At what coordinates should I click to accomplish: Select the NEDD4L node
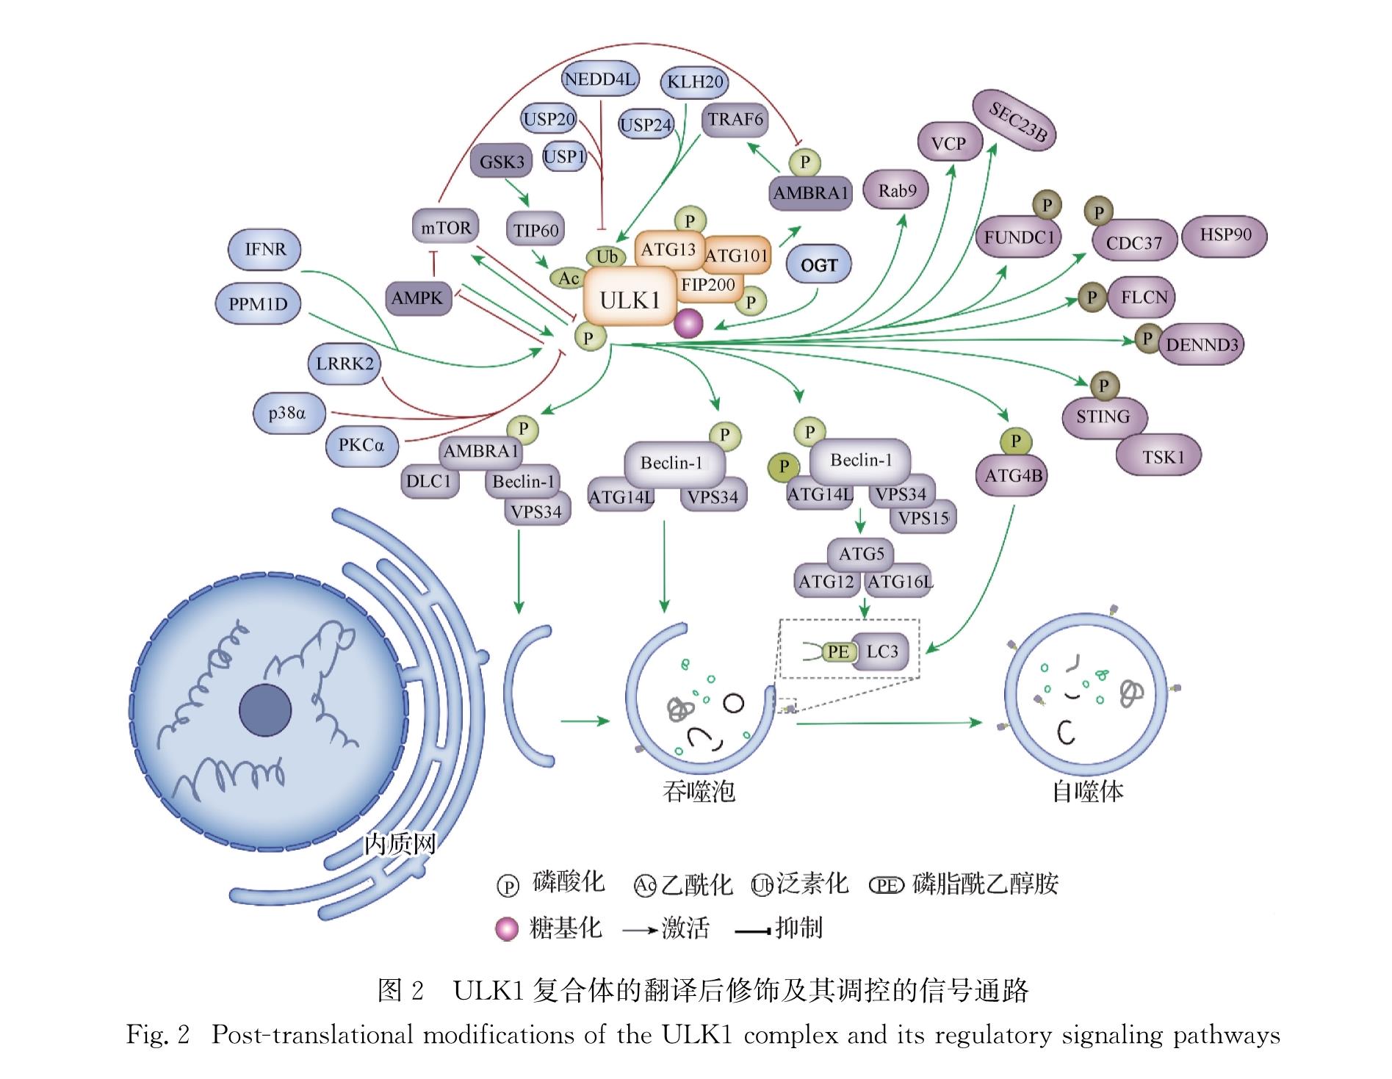click(599, 79)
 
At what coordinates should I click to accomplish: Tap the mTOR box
click(446, 228)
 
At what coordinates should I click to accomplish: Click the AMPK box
click(417, 298)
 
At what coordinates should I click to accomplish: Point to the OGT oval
click(818, 265)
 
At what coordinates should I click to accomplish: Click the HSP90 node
click(1225, 235)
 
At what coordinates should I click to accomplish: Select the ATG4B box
click(1014, 476)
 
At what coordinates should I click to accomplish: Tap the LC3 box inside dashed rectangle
click(881, 652)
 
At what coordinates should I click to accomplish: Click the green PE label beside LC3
click(838, 652)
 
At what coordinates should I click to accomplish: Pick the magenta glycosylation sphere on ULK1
click(688, 324)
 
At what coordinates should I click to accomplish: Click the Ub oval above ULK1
click(607, 256)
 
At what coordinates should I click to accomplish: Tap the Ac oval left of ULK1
click(569, 278)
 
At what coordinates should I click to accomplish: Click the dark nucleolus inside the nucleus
click(265, 710)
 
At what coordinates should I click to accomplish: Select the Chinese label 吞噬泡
click(699, 791)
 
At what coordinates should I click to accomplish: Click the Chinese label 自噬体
click(1088, 791)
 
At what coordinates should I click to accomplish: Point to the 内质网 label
click(400, 843)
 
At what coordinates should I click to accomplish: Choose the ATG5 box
click(861, 554)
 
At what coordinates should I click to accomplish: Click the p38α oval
click(287, 414)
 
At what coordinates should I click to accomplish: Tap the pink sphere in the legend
click(508, 928)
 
